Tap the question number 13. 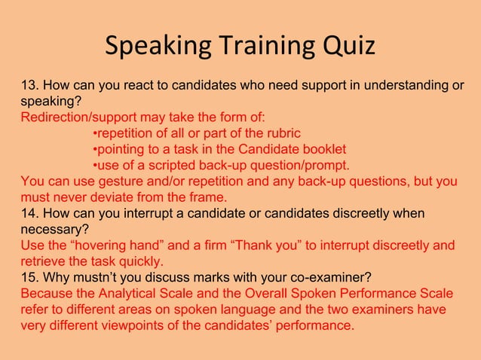pyautogui.click(x=29, y=86)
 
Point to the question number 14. pyautogui.click(x=29, y=214)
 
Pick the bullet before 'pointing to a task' pyautogui.click(x=94, y=149)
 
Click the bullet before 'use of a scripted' pyautogui.click(x=94, y=166)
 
